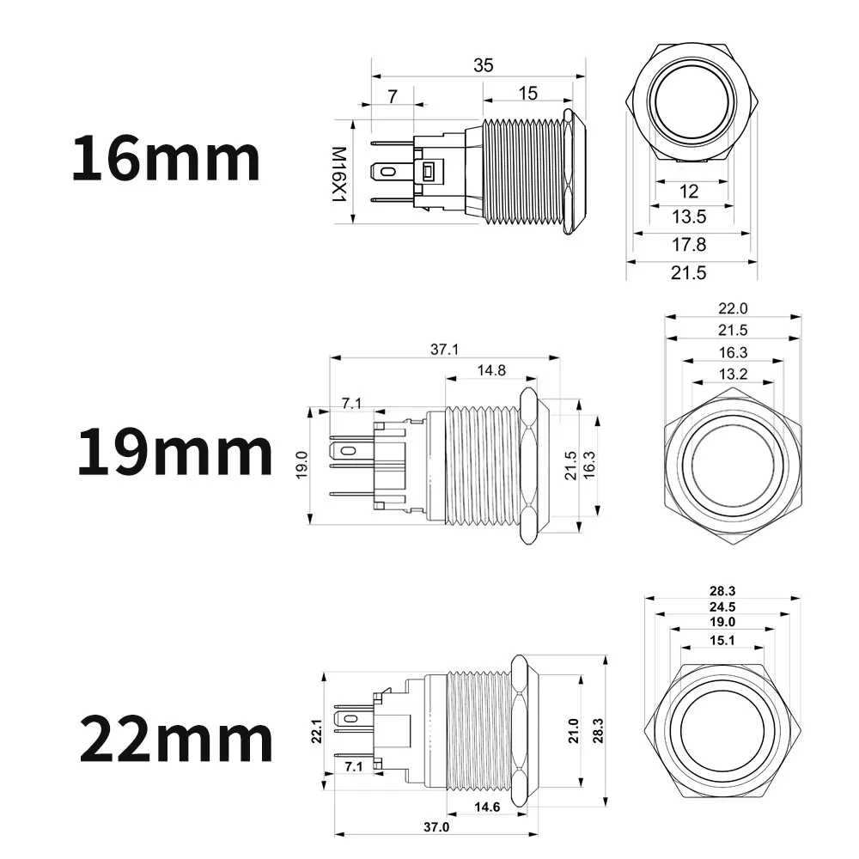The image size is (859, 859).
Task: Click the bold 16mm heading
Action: [165, 159]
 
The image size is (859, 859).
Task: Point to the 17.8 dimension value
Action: [691, 244]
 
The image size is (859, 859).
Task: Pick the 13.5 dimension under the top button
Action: [691, 216]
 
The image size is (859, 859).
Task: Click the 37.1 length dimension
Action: [444, 349]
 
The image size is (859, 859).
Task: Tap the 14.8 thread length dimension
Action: [490, 370]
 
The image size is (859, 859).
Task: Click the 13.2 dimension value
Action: [733, 373]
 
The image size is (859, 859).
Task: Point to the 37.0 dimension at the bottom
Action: [436, 826]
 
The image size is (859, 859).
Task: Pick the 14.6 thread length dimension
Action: [485, 807]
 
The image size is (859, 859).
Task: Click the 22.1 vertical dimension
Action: [315, 731]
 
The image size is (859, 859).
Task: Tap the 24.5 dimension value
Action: [722, 607]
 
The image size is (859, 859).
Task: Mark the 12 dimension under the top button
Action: [689, 191]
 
